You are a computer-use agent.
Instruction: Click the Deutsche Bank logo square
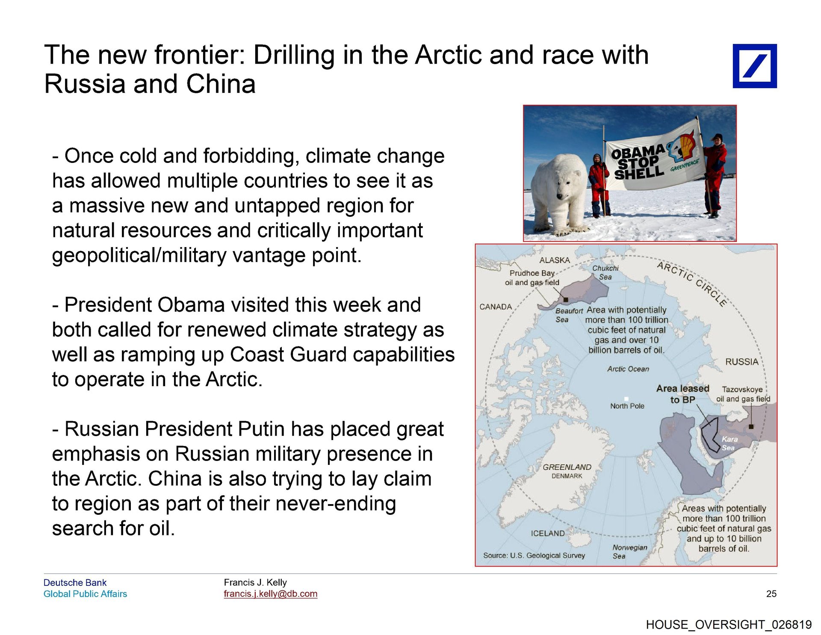(755, 66)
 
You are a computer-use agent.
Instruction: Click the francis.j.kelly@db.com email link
(270, 594)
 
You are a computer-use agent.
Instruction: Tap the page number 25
(771, 594)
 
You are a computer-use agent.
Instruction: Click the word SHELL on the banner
(639, 172)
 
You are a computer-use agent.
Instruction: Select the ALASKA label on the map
(555, 260)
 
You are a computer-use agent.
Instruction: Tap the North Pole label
(627, 406)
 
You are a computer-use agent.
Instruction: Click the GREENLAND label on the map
(567, 467)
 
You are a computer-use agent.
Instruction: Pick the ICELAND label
(548, 533)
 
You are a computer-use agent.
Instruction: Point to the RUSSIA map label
(742, 362)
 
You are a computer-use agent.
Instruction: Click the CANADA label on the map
(496, 307)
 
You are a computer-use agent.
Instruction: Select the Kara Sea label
(729, 443)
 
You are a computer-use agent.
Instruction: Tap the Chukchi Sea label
(605, 272)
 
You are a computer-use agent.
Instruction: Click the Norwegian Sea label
(629, 552)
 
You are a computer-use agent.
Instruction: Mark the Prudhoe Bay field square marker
(566, 300)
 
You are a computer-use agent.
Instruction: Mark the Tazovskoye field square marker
(751, 426)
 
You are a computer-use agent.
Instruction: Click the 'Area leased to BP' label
(683, 394)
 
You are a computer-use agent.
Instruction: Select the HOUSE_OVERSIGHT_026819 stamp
(729, 625)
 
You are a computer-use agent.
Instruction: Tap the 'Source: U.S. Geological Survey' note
(534, 555)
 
